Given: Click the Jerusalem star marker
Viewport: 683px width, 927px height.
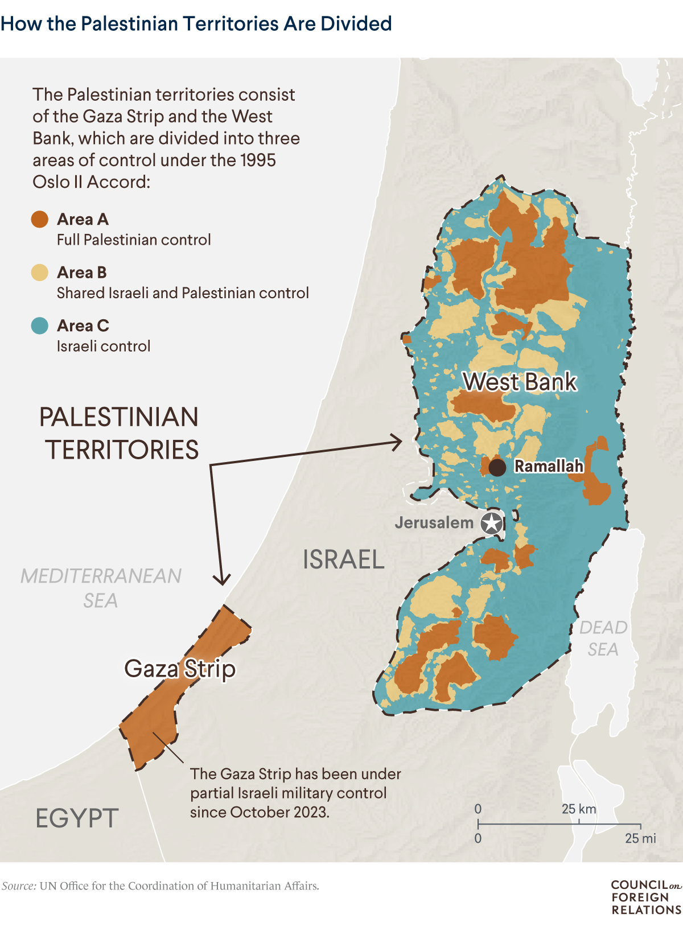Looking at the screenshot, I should pos(492,523).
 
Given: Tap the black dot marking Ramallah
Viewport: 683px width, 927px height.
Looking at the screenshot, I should pos(497,468).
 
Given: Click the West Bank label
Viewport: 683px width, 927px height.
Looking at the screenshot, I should pos(520,382).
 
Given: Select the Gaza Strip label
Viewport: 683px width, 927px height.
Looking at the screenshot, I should pos(180,669).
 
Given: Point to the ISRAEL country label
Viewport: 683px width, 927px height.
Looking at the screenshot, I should pos(344,559).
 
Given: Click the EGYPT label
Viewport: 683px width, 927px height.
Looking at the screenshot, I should pos(77,818).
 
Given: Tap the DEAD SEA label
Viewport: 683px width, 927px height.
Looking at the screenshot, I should pos(603,638).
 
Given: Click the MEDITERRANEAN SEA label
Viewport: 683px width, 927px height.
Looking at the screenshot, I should pos(101,588).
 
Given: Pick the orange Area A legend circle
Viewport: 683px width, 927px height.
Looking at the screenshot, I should pos(40,219).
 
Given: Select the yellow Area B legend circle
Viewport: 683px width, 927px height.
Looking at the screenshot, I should pos(40,273).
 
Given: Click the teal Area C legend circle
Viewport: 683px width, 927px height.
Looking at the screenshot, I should pos(40,326).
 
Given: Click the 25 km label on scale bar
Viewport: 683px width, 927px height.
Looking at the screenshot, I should pos(579,809).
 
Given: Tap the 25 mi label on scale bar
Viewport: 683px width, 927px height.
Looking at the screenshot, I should pos(640,838).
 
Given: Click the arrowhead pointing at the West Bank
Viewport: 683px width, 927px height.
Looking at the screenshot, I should pos(397,442).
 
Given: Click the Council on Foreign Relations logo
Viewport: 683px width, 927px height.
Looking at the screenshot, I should pos(646,897).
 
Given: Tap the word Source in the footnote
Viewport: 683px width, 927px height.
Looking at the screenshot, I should pos(19,886).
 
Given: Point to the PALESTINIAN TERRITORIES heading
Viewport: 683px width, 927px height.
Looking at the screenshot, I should pos(120,434).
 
